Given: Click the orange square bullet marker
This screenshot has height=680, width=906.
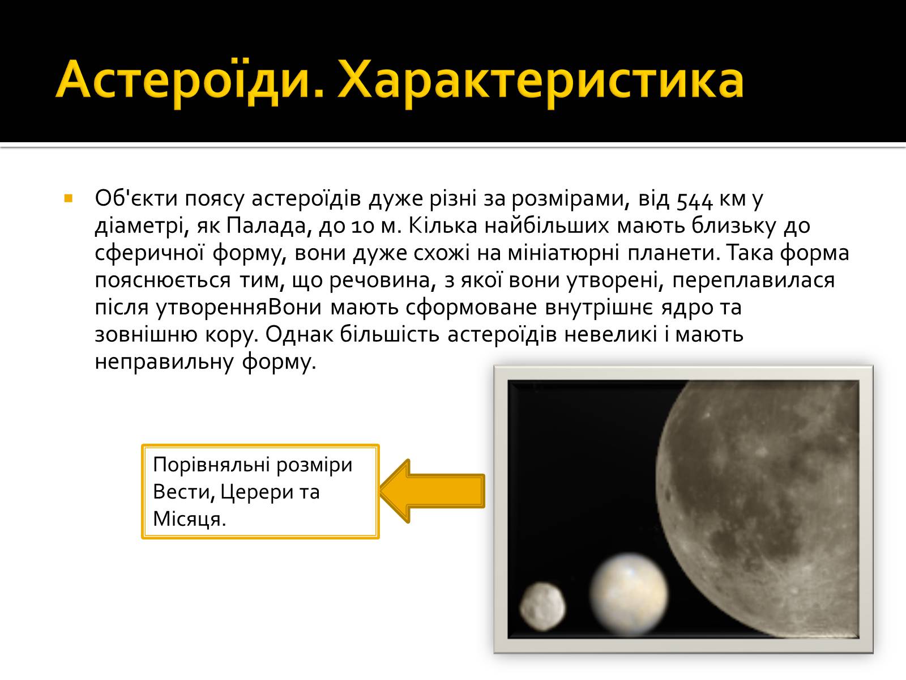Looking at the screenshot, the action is click(69, 199).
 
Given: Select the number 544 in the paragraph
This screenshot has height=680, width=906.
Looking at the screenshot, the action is click(695, 199).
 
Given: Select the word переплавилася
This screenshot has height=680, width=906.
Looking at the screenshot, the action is click(753, 280).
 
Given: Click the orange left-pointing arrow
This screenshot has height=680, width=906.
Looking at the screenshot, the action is click(431, 491).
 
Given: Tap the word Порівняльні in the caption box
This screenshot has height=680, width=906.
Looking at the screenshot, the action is click(211, 465).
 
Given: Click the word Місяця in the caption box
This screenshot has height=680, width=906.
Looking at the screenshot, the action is click(190, 520).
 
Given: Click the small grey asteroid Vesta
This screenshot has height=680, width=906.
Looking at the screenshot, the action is click(542, 606).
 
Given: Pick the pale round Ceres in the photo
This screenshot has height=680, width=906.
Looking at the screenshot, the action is click(629, 594).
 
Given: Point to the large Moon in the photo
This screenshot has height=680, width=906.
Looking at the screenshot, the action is click(759, 504).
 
